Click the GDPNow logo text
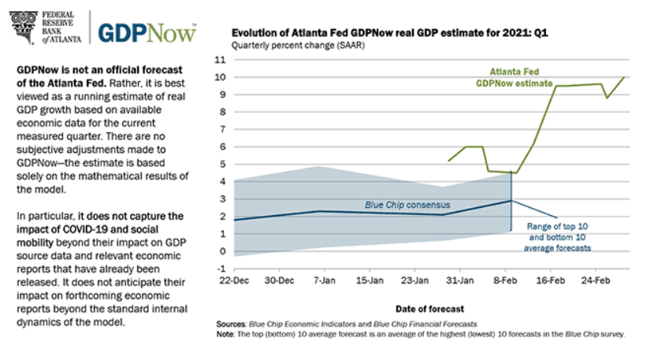(147, 32)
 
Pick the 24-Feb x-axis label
(596, 280)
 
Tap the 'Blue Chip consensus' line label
(402, 205)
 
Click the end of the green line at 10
(625, 77)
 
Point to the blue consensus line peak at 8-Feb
(512, 200)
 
